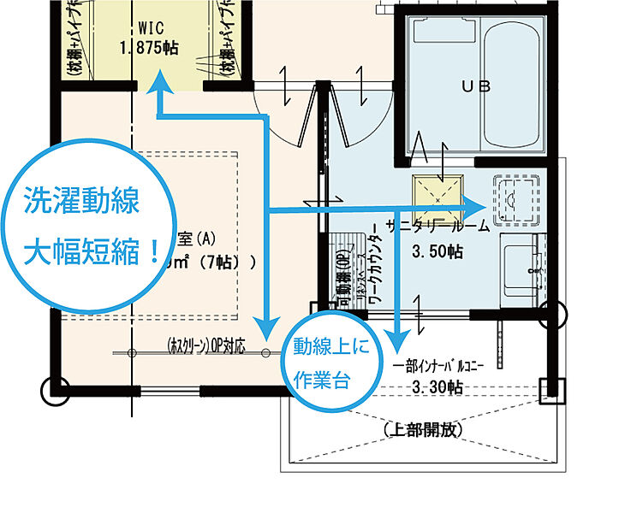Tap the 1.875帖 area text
tap(150, 47)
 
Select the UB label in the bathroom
tap(471, 86)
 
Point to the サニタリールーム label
tap(437, 227)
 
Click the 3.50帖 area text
tap(437, 252)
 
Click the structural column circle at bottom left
tap(53, 391)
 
